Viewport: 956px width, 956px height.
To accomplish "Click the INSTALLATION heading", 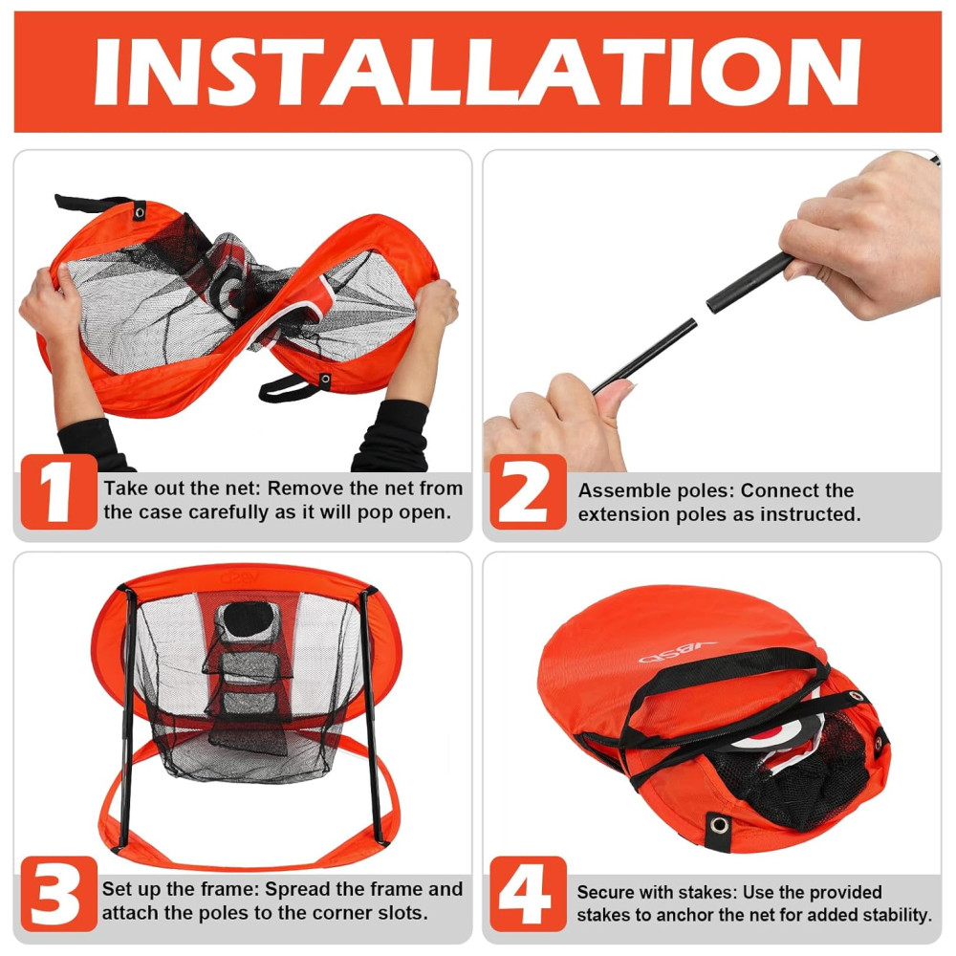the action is click(477, 72).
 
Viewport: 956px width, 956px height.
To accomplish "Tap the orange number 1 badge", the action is click(58, 491).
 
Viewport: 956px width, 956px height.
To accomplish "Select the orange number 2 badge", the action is click(528, 491).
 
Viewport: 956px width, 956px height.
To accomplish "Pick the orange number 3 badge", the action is click(58, 894).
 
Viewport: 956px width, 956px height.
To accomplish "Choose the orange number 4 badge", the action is click(528, 894).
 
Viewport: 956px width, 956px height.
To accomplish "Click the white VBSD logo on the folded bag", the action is click(677, 651).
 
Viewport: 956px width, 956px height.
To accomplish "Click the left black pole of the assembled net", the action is click(127, 716).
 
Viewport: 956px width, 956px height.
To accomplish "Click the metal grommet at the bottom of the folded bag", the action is click(719, 826).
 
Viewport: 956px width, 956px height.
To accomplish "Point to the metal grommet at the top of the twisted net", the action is click(140, 212).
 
